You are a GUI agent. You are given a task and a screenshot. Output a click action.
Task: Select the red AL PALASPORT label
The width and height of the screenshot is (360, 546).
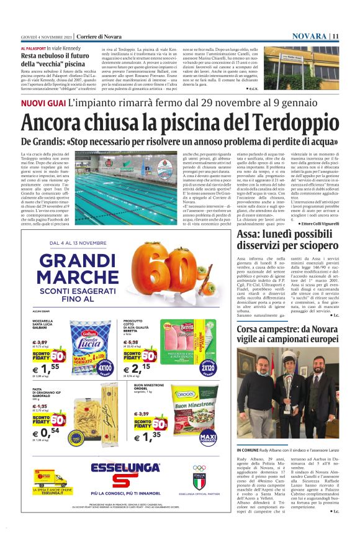[x=32, y=48]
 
